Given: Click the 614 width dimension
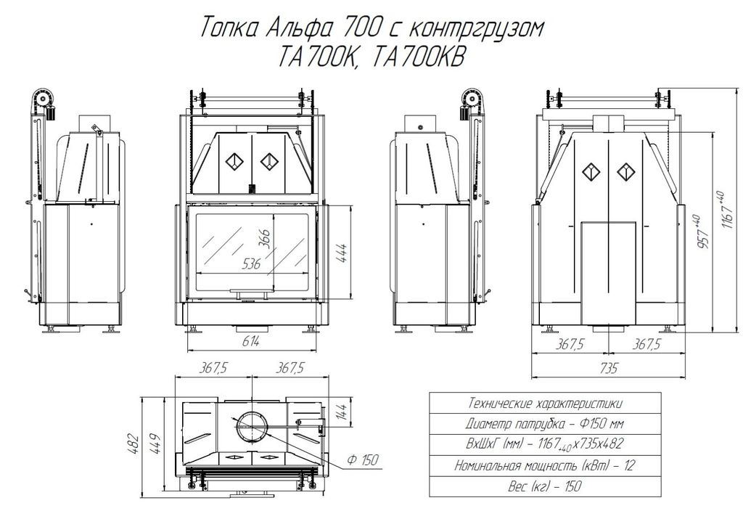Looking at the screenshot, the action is tap(250, 342).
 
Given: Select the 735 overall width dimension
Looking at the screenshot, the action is tap(609, 368).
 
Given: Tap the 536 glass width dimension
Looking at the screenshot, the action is tap(251, 263).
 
